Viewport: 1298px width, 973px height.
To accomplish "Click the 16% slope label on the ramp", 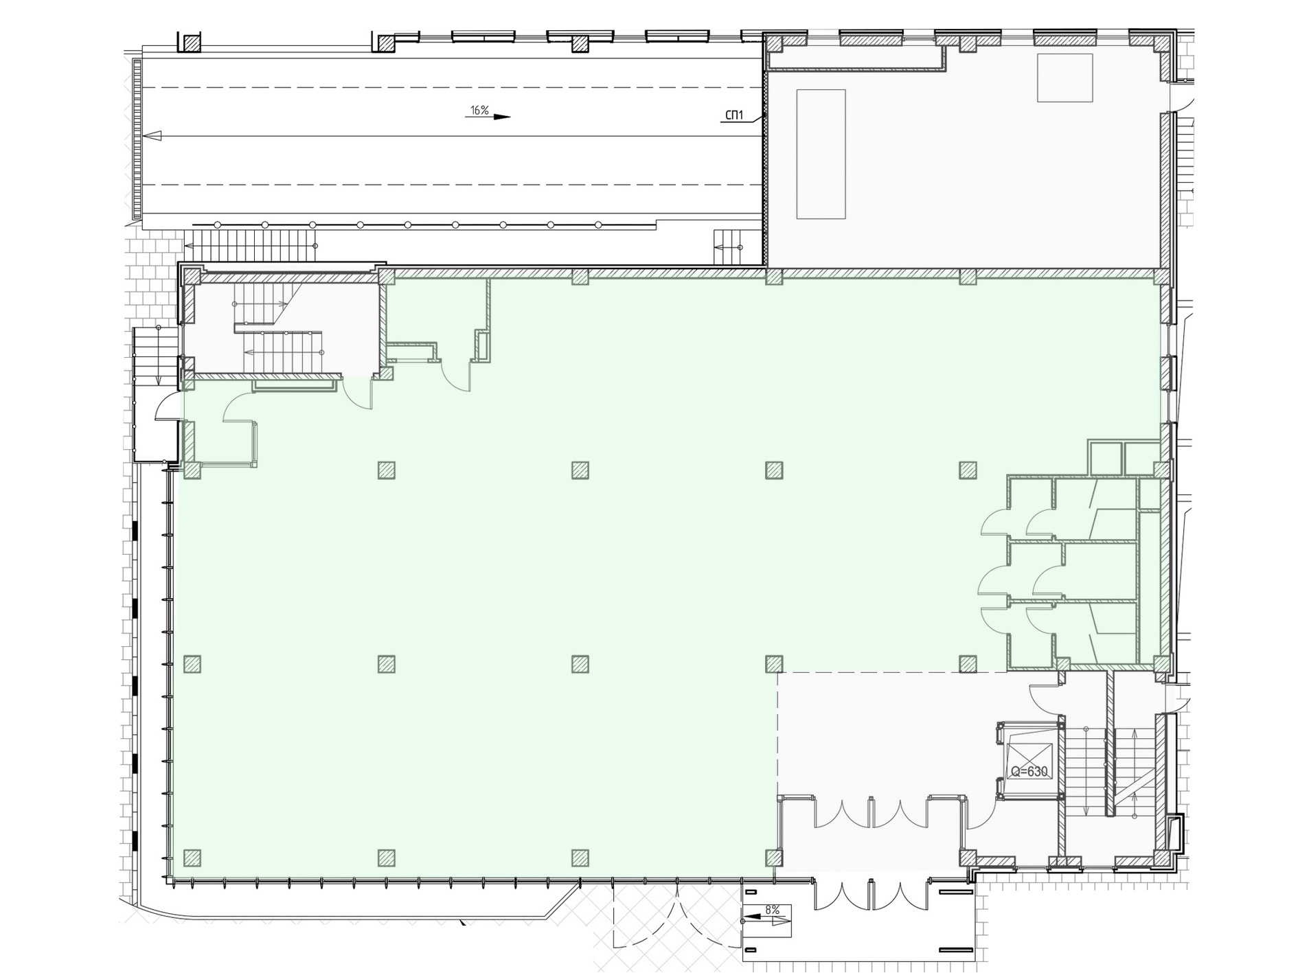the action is tap(479, 110).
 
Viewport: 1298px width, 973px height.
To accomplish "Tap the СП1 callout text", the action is tap(734, 115).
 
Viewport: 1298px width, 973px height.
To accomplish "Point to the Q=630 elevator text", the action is tap(1029, 772).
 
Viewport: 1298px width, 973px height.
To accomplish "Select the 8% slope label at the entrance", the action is tap(772, 910).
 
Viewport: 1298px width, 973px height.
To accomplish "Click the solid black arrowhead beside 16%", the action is tap(502, 117).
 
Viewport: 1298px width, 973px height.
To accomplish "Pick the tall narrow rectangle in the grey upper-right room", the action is tap(821, 154).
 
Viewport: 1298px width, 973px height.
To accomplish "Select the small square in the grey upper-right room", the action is tap(1064, 78).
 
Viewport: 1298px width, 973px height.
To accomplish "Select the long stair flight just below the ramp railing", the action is tap(251, 246).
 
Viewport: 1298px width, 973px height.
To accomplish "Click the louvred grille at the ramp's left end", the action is tap(137, 139).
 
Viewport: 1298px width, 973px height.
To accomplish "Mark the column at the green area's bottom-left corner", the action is tap(192, 858).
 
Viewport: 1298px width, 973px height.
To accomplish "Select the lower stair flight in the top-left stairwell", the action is tap(282, 352).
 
